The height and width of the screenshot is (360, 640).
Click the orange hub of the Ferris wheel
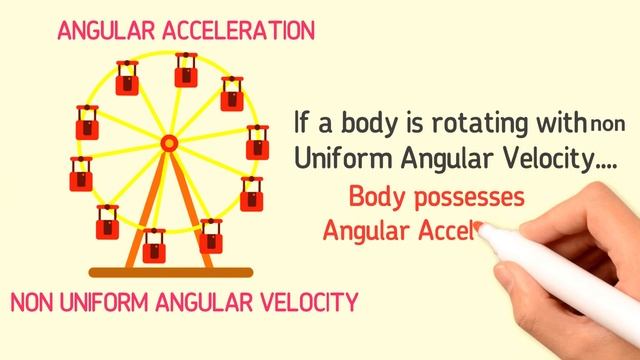point(169,144)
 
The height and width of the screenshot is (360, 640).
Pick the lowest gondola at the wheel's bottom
point(154,244)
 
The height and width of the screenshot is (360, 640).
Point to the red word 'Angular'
point(367,231)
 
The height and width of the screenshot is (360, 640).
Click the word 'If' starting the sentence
point(303,123)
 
